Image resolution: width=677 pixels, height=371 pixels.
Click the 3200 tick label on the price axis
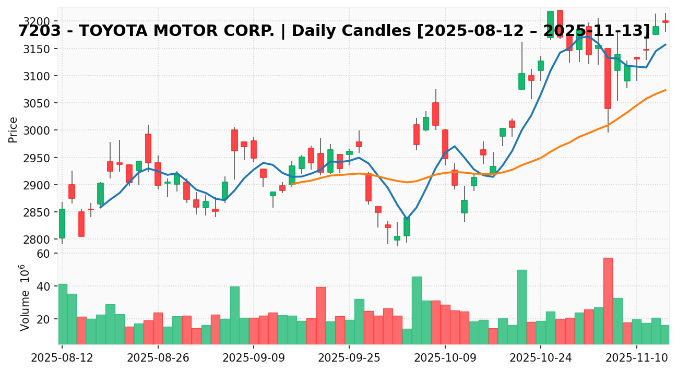pos(39,21)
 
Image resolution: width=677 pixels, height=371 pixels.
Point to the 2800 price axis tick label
pos(39,240)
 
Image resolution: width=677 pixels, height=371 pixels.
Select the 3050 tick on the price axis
pos(39,103)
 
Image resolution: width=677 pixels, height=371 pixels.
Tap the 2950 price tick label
pos(39,158)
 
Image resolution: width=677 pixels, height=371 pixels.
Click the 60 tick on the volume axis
pos(43,254)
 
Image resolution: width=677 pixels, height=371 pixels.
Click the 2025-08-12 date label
pos(62,358)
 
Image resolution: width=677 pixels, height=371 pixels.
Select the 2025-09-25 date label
pos(349,358)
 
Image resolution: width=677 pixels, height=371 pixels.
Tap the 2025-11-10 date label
pos(637,358)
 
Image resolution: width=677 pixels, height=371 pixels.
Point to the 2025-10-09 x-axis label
pos(445,358)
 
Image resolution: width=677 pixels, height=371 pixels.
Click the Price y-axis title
pos(13,129)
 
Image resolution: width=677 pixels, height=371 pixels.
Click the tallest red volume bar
pos(608,301)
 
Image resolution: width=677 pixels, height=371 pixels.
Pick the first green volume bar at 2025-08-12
pos(62,314)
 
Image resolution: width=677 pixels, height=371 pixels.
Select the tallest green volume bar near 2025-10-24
pos(522,307)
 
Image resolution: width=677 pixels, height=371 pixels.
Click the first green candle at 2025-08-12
pos(62,223)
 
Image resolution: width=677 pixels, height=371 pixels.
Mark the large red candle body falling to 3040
pos(608,78)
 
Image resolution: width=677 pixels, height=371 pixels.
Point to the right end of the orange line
pos(666,90)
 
